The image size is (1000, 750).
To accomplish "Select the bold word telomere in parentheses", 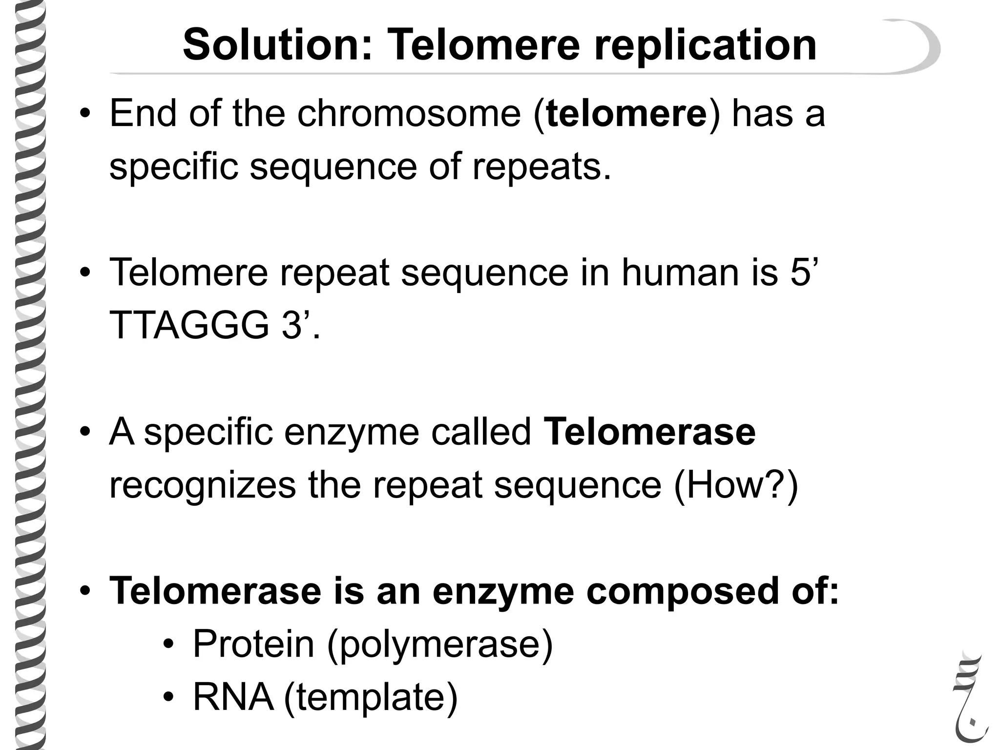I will [x=626, y=113].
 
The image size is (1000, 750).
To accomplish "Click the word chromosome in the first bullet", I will [x=409, y=113].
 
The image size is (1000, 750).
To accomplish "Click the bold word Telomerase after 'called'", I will [x=649, y=432].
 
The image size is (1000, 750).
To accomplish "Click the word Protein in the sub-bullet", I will [x=253, y=644].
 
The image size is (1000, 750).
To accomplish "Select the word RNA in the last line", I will [x=233, y=697].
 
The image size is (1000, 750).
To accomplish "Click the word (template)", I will [x=371, y=698].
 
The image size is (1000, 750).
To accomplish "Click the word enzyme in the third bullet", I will [x=352, y=433].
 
